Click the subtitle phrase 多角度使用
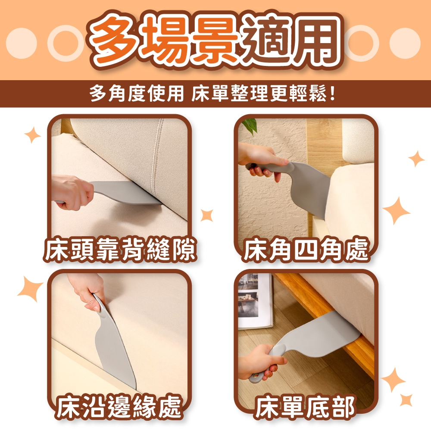[137, 94]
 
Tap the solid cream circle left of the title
[21, 43]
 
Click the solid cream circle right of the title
[405, 43]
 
